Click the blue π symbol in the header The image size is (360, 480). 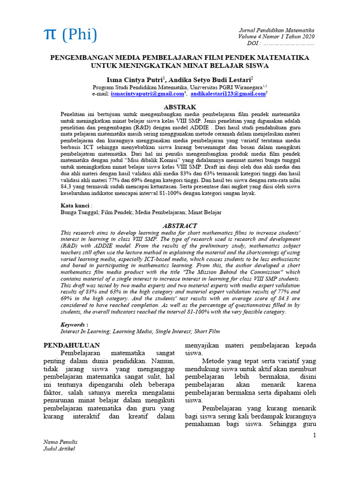tap(50, 35)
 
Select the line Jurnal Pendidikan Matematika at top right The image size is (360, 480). tap(277, 30)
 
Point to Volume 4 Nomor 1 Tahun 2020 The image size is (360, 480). tap(277, 37)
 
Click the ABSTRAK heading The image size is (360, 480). tap(180, 107)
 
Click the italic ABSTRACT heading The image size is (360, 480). tap(180, 225)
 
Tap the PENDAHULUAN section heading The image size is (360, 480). tap(71, 345)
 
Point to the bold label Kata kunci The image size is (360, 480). tap(75, 205)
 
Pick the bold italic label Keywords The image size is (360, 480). tap(74, 324)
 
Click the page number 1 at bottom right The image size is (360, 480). tap(315, 435)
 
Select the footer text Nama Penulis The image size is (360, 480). tap(60, 442)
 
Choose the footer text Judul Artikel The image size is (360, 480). tap(59, 449)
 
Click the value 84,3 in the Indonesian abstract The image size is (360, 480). tap(67, 186)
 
